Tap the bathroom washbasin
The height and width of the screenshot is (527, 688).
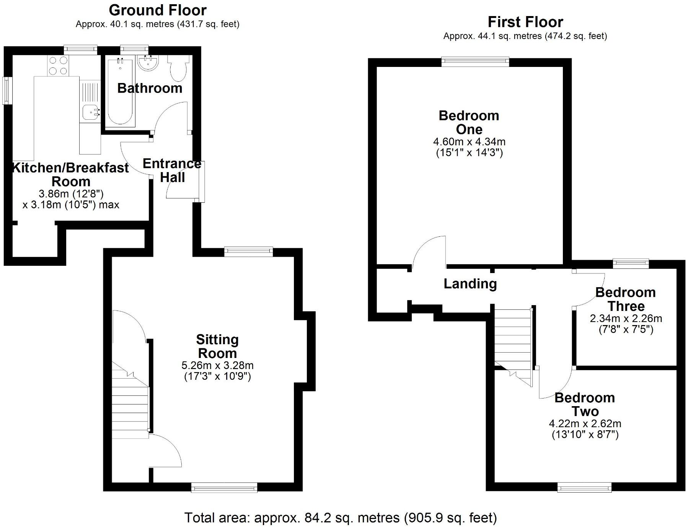[x=147, y=63]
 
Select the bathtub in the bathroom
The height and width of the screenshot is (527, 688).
[x=120, y=92]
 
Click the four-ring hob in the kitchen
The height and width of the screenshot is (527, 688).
[x=58, y=65]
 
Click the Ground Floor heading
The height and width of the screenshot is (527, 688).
[x=158, y=10]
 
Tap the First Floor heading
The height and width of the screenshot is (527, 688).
[x=525, y=22]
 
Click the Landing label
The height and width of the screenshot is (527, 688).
[x=470, y=284]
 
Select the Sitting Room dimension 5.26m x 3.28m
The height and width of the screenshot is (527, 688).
[x=217, y=365]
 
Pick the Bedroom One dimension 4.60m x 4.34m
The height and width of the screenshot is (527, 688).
[x=469, y=142]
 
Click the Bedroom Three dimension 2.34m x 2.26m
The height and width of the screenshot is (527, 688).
[x=626, y=318]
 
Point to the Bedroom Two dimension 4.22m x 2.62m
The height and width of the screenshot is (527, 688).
[x=585, y=424]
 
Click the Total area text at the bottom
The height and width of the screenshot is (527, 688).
[x=341, y=518]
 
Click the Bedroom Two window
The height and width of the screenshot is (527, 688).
[x=584, y=487]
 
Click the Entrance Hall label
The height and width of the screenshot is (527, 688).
[x=172, y=171]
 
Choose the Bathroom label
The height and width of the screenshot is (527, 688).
[x=150, y=88]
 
